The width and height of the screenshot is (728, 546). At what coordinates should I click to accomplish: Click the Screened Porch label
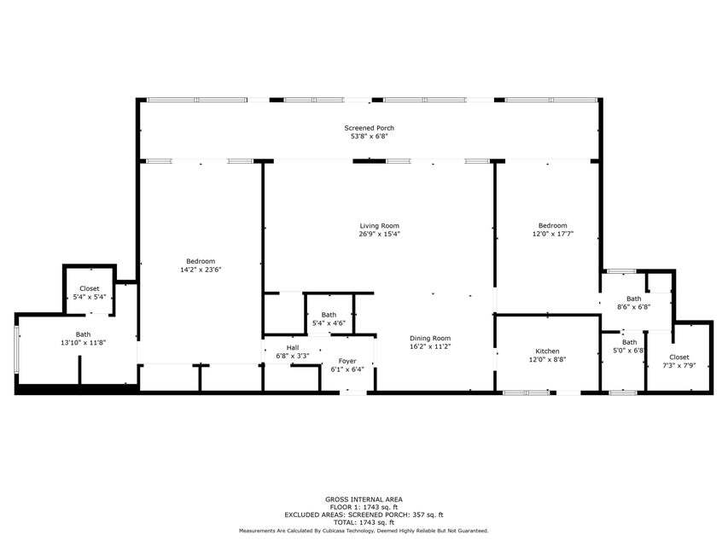(369, 128)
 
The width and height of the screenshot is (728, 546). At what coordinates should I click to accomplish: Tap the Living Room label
(379, 226)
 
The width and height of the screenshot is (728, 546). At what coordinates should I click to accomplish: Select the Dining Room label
(429, 338)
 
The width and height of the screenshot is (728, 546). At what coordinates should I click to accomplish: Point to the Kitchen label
(547, 351)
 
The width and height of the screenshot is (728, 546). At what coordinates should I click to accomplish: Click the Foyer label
(347, 361)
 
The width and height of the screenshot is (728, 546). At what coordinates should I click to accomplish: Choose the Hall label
(293, 347)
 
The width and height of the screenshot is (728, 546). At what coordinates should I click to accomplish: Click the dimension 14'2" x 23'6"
(201, 270)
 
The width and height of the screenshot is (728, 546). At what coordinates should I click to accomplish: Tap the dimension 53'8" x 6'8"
(369, 136)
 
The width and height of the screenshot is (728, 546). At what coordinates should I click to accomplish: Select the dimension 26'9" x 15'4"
(379, 234)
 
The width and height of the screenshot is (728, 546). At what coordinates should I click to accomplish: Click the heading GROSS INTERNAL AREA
(364, 499)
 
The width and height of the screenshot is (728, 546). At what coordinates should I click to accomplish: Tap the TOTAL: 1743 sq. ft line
(364, 522)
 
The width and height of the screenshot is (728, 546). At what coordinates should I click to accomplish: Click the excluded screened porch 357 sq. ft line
(364, 514)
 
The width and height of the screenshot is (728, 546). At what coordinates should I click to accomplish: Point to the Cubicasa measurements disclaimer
(364, 531)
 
